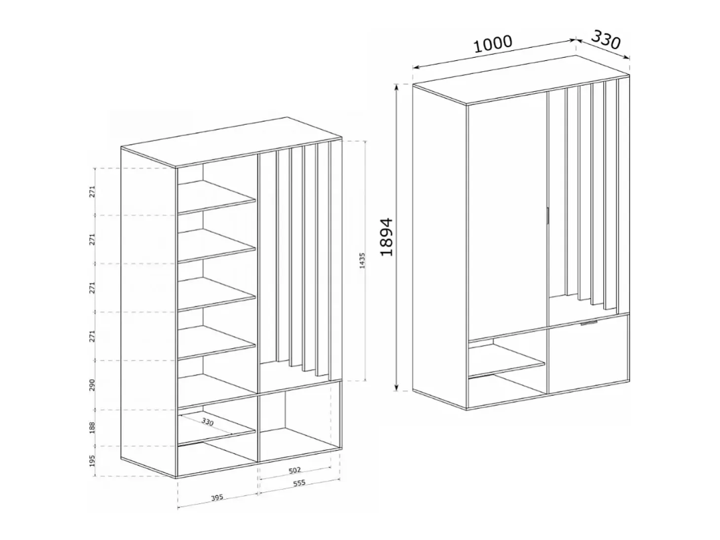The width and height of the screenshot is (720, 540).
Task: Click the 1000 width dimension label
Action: pos(493,44)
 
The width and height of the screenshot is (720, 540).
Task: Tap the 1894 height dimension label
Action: pos(386,237)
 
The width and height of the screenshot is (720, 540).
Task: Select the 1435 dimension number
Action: pos(362,260)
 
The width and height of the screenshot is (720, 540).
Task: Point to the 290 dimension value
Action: pos(92,385)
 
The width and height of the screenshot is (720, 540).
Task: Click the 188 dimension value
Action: pos(92,428)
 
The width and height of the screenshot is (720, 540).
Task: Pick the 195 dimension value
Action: pos(92,461)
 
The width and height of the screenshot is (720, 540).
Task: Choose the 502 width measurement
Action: pos(294,470)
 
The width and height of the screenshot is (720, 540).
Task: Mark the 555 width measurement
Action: pos(299,483)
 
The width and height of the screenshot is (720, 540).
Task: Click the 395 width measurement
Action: pos(217,498)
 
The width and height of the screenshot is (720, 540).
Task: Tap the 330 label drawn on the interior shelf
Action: pos(207,422)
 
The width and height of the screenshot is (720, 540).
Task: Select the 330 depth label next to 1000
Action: pos(606,40)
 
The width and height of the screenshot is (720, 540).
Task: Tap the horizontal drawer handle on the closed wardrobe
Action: pos(589,323)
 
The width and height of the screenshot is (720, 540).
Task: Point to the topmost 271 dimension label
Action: pos(92,191)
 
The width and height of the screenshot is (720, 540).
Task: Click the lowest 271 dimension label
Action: pos(92,336)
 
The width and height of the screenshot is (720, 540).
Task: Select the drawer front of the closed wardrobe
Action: pos(588,355)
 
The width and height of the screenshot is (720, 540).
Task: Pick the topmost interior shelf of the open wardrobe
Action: pos(216,197)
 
